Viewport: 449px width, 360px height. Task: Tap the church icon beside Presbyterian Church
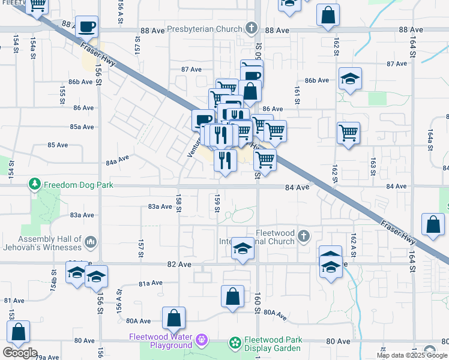(x=252, y=29)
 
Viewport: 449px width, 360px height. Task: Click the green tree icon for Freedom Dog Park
(x=36, y=184)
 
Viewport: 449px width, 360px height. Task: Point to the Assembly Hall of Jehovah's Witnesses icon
(x=91, y=242)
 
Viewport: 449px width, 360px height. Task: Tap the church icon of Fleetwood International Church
(x=303, y=236)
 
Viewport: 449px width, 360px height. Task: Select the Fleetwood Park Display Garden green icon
(x=235, y=343)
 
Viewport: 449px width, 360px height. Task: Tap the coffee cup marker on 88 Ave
(x=87, y=26)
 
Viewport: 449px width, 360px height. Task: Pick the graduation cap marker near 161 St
(x=350, y=79)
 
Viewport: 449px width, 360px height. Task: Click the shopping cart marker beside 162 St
(x=348, y=133)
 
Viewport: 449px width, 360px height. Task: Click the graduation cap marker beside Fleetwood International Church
(x=242, y=248)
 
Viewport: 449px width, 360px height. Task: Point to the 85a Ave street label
(x=82, y=127)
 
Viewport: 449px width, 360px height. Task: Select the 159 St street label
(x=217, y=202)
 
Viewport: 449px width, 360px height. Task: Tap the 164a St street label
(x=430, y=139)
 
